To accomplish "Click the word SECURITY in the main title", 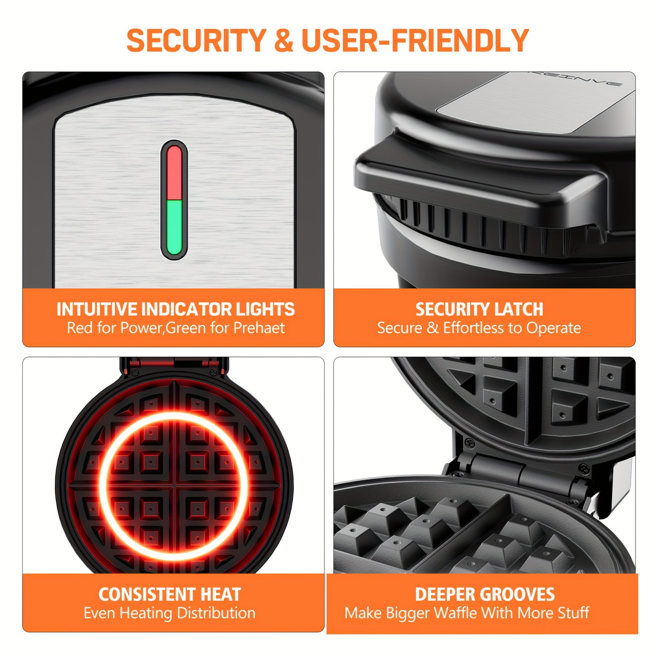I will (196, 40).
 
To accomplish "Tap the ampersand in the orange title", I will (284, 40).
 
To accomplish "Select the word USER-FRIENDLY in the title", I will (415, 40).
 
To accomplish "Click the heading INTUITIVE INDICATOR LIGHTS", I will (176, 309).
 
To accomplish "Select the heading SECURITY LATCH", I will (479, 309).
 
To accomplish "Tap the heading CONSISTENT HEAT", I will (170, 594).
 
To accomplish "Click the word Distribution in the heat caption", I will (216, 613).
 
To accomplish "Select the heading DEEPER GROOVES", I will (485, 594).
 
